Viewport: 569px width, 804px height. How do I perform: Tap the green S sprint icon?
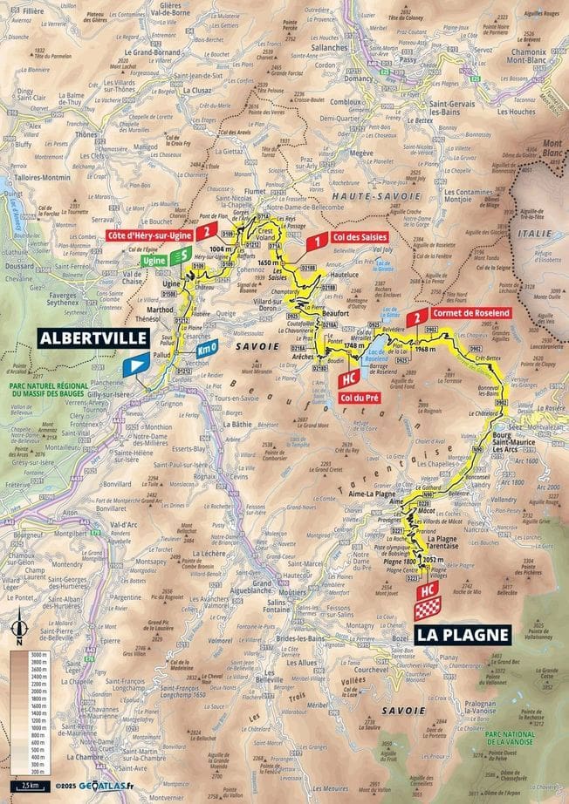pyautogui.click(x=181, y=255)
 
